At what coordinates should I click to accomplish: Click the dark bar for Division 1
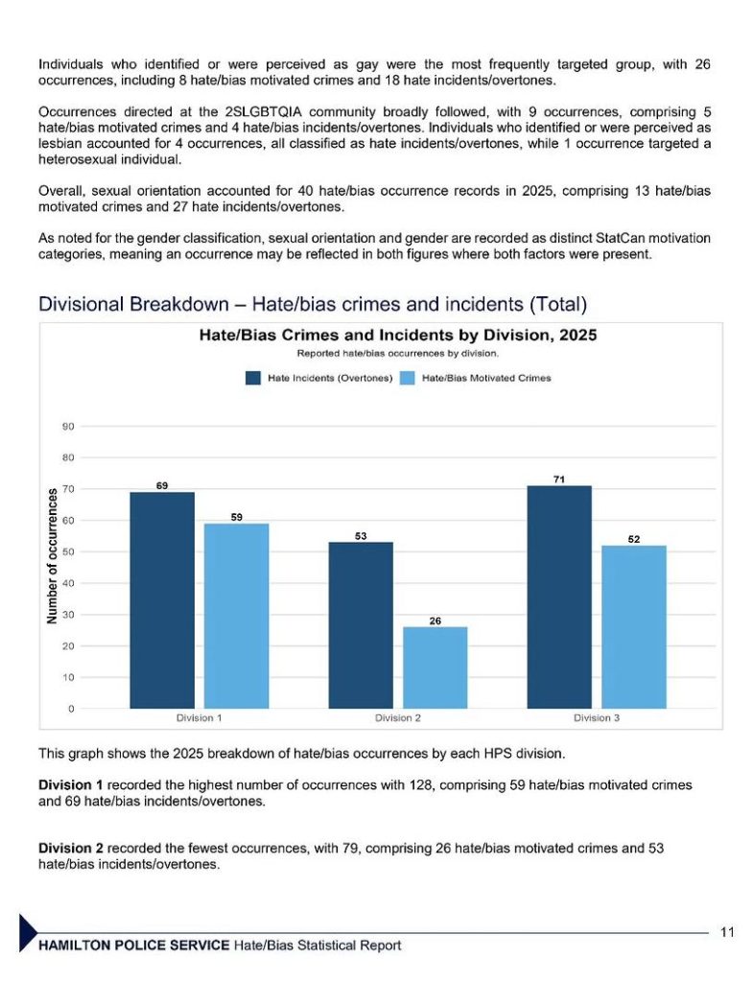(162, 600)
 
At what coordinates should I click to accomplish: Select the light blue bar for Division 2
(436, 667)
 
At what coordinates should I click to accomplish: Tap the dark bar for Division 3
(559, 596)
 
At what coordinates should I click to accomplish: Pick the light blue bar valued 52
(634, 627)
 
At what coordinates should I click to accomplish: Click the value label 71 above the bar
(559, 479)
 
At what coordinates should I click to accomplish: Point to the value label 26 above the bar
(436, 620)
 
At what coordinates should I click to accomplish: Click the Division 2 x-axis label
(398, 717)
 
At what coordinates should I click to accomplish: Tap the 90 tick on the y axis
(68, 427)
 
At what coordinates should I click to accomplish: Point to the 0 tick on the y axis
(71, 709)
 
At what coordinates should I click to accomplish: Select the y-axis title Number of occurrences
(52, 555)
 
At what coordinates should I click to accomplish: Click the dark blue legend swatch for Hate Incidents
(253, 378)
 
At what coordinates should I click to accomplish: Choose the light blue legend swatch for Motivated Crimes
(408, 378)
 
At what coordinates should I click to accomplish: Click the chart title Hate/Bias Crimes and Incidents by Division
(398, 335)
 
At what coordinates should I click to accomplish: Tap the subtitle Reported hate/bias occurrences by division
(398, 353)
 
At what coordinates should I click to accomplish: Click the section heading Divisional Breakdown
(133, 304)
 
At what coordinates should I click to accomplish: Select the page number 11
(727, 932)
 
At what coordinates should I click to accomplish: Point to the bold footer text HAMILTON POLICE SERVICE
(134, 945)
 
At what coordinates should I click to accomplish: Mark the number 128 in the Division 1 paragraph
(421, 785)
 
